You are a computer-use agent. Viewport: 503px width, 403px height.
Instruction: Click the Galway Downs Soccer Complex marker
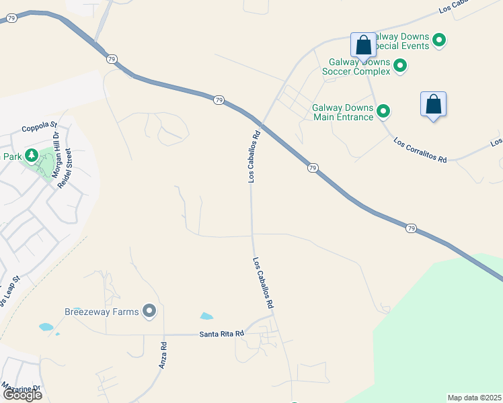coord(400,66)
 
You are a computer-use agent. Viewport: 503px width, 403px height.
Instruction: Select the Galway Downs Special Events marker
coord(439,41)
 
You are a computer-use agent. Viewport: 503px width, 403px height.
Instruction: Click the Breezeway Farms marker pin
coord(149,311)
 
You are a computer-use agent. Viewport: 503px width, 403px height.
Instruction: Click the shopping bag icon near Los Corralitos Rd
coord(433,105)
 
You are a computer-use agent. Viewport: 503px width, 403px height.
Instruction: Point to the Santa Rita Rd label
coord(221,334)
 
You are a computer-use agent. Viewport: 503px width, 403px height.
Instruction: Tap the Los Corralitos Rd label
coord(420,151)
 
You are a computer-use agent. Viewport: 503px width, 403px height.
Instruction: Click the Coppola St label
coord(40,126)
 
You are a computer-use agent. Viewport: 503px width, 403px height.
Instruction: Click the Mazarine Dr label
coord(22,388)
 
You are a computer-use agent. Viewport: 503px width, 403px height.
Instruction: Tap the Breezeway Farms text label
coord(102,312)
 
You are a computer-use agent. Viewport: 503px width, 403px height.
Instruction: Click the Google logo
coord(22,394)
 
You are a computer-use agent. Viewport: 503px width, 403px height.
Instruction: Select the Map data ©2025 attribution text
coord(475,398)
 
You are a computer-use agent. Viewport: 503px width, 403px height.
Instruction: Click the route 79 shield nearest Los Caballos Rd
coord(219,100)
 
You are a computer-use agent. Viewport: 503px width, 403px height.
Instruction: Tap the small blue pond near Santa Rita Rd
coord(206,316)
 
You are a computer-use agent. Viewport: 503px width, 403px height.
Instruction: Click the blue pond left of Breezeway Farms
coord(46,327)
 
